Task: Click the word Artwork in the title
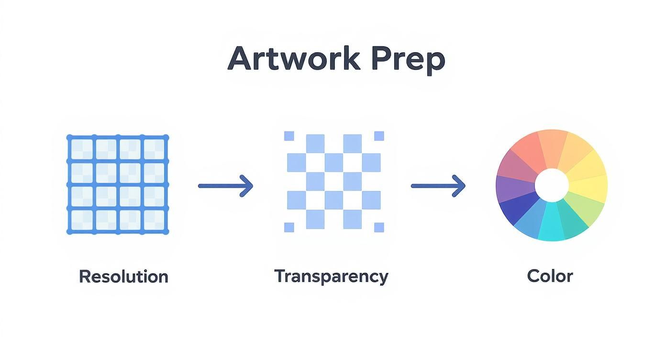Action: [293, 59]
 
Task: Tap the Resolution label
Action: [123, 277]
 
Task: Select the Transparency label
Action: [331, 276]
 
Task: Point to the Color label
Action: [550, 276]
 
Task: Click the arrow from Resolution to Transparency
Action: [225, 185]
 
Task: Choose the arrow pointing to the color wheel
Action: [438, 185]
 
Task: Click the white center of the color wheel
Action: [551, 185]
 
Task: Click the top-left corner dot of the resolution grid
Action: [69, 138]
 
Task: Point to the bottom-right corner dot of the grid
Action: [166, 232]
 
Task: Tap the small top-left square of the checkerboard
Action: [289, 136]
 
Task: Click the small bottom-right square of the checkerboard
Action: [379, 227]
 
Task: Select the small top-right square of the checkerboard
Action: [379, 136]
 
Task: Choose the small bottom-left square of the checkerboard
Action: [289, 227]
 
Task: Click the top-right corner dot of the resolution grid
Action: [166, 138]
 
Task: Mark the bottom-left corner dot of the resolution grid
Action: [69, 232]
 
